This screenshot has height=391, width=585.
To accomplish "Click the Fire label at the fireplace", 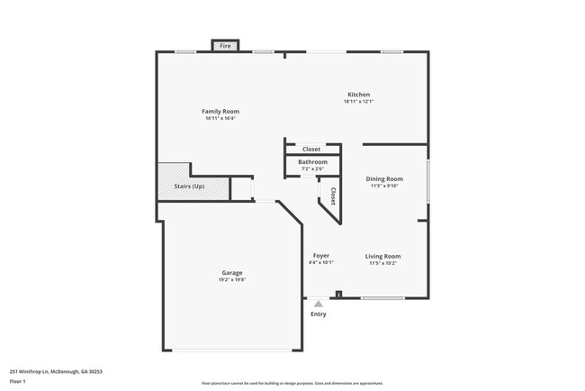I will point(225,46).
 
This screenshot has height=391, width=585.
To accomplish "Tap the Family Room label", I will point(220,111).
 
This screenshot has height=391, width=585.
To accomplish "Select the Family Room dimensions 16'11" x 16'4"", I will point(220,118).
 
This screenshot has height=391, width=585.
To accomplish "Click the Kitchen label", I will point(359,95).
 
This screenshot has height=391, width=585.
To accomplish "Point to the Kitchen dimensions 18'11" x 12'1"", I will point(359,102).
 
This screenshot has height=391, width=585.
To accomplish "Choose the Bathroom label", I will point(313,162).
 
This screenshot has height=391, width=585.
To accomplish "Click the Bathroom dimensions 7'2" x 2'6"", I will point(313,169).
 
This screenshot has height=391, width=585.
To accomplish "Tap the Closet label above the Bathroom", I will point(311,149).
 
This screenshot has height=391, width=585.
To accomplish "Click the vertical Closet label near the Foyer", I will point(332,195).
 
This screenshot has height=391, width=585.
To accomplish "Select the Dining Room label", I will point(384,179).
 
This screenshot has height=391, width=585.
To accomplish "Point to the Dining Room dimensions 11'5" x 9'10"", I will point(384,186).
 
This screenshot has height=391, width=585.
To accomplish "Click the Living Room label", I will point(383,256).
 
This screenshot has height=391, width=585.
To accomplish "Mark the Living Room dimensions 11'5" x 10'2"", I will point(383,263).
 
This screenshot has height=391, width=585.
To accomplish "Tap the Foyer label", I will point(321,256).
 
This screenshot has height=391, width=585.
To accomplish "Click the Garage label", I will point(232,272).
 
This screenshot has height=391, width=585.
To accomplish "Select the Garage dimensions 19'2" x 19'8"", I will point(232,279).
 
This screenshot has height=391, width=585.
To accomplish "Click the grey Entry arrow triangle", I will point(318,305).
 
